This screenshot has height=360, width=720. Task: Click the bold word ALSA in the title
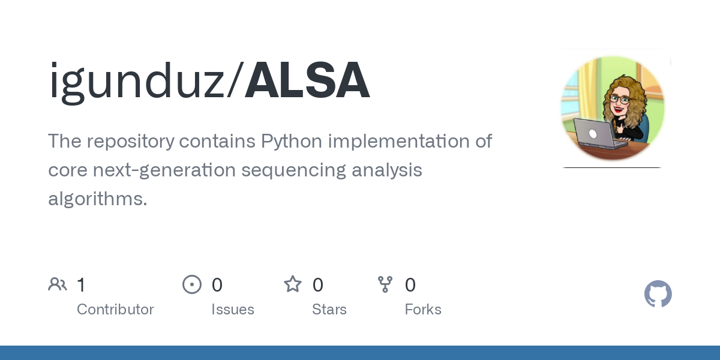pyautogui.click(x=307, y=81)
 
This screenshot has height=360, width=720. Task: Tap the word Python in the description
pyautogui.click(x=292, y=142)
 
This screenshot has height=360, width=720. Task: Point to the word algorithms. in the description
pyautogui.click(x=97, y=199)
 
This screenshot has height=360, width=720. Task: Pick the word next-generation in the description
pyautogui.click(x=164, y=170)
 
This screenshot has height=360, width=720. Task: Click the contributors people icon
pyautogui.click(x=58, y=284)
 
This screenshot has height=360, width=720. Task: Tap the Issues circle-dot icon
pyautogui.click(x=192, y=284)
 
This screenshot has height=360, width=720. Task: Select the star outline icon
pyautogui.click(x=293, y=284)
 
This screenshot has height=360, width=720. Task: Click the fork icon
pyautogui.click(x=385, y=284)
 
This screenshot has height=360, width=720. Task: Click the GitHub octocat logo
pyautogui.click(x=658, y=294)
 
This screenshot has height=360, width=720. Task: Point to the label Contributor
pyautogui.click(x=115, y=310)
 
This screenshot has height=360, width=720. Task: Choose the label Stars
pyautogui.click(x=329, y=310)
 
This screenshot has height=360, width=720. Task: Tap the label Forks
pyautogui.click(x=423, y=310)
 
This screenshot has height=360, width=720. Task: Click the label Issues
pyautogui.click(x=233, y=310)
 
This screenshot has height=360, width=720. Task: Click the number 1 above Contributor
pyautogui.click(x=81, y=284)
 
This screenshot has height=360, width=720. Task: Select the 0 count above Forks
pyautogui.click(x=410, y=284)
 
